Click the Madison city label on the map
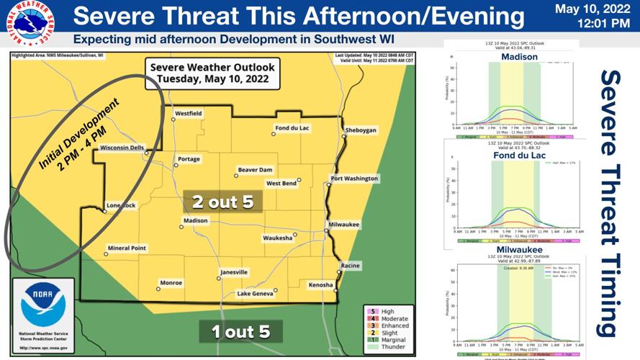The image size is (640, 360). pyautogui.click(x=195, y=220)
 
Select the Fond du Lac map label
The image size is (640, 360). pyautogui.click(x=292, y=129)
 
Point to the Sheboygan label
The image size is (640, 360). pyautogui.click(x=361, y=130)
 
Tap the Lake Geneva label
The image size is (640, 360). pyautogui.click(x=256, y=294)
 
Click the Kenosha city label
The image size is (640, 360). pyautogui.click(x=320, y=285)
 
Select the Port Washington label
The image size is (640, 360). pyautogui.click(x=353, y=179)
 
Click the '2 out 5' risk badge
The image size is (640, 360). pyautogui.click(x=222, y=202)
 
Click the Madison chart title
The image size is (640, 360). pyautogui.click(x=519, y=57)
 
